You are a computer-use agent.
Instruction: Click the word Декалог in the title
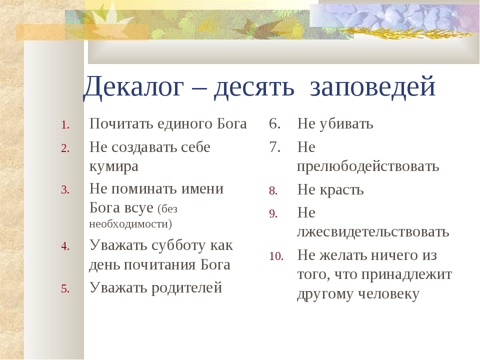[x=133, y=87]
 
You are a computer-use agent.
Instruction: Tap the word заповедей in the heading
[x=372, y=86]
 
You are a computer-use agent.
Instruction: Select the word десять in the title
[x=254, y=87]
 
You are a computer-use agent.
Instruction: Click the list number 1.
[x=65, y=125]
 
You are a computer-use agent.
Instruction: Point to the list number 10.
[x=276, y=256]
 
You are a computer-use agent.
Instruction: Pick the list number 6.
[x=275, y=123]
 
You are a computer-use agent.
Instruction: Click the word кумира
[x=114, y=167]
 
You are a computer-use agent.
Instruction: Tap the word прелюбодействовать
[x=368, y=166]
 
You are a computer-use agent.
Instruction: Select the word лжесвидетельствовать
[x=373, y=231]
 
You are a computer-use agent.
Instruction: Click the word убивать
[x=346, y=123]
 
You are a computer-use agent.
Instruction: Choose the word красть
[x=341, y=190]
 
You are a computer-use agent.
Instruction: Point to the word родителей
[x=186, y=288]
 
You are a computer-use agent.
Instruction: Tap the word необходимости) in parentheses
[x=130, y=224]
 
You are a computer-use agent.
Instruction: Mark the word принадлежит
[x=406, y=274]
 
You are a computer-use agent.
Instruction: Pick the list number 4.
[x=65, y=246]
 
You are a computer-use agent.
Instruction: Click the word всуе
[x=138, y=208]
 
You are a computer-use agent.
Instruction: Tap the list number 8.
[x=273, y=190]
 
